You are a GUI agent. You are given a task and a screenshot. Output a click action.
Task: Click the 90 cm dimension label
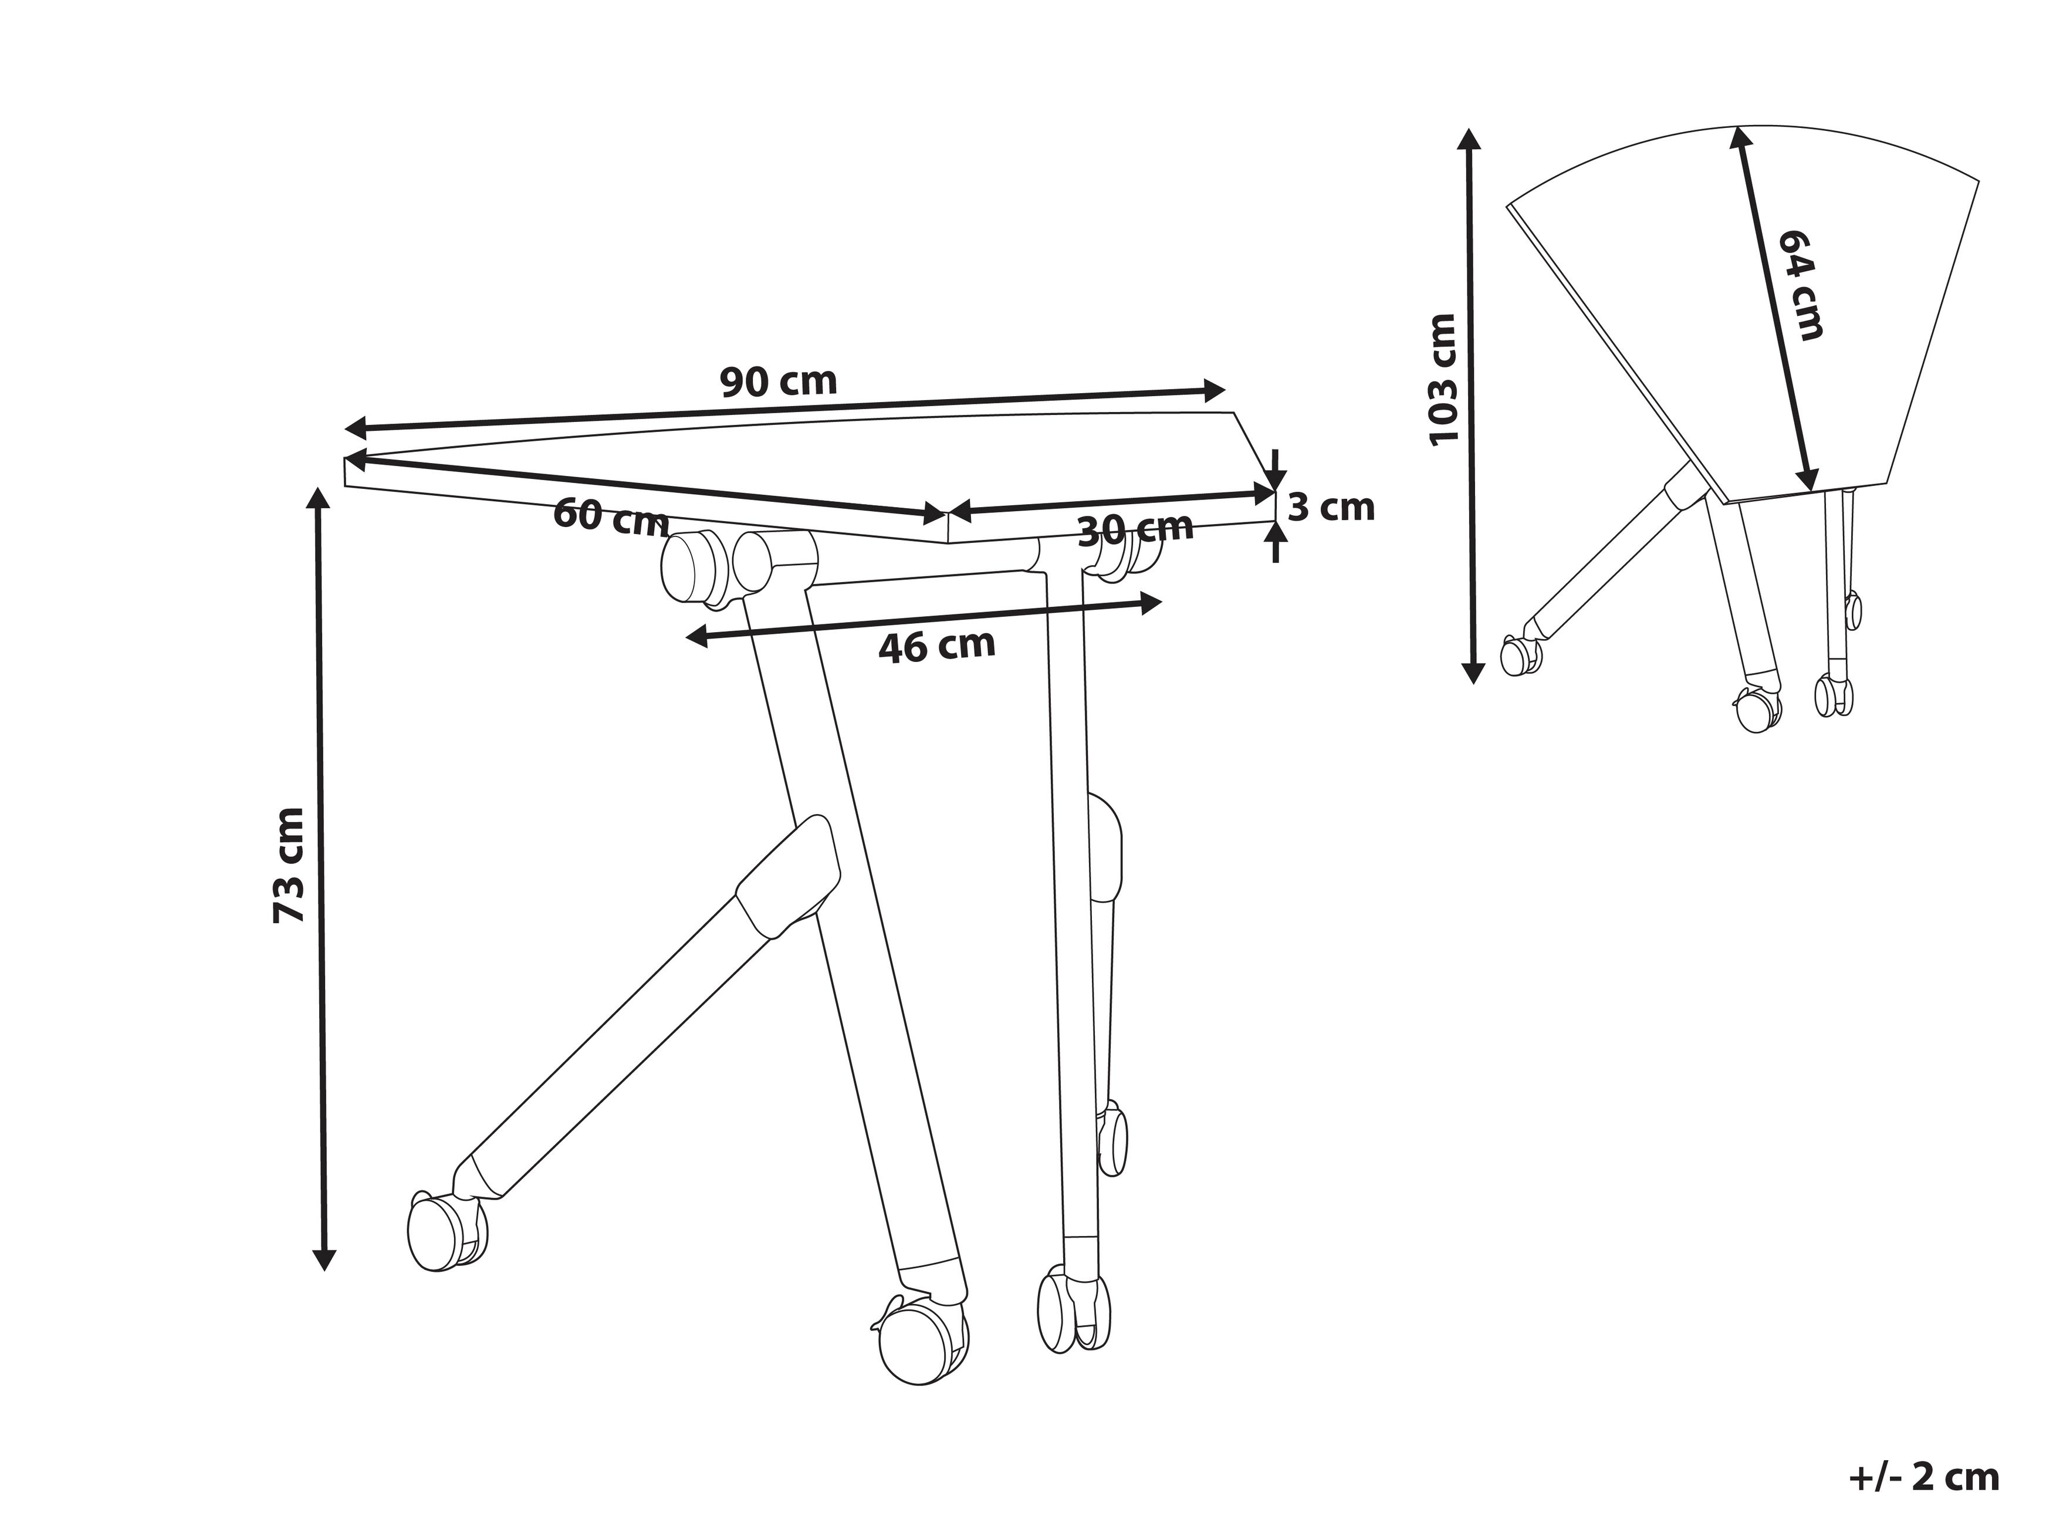[x=778, y=381]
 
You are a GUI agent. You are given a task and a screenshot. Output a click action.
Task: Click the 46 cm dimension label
[x=936, y=646]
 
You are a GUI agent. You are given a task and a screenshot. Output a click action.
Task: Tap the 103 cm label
[x=1443, y=380]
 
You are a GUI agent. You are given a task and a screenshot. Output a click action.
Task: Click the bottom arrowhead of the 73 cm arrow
[x=323, y=1261]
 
